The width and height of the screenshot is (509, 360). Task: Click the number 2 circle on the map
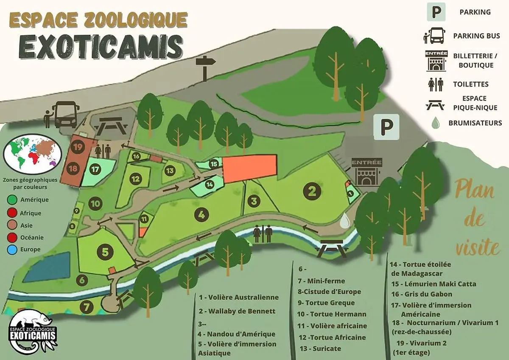tap(313, 191)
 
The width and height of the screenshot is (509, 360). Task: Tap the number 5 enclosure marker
tap(105, 252)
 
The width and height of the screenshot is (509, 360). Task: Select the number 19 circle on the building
tap(78, 148)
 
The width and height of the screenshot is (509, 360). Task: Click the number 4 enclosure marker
tap(202, 214)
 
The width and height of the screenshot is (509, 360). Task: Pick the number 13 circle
tap(170, 171)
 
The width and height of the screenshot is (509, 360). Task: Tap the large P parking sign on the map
tap(386, 127)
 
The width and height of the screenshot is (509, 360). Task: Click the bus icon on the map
tap(66, 114)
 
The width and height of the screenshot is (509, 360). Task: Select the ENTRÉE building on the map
tap(367, 172)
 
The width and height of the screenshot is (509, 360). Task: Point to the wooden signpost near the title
tap(205, 67)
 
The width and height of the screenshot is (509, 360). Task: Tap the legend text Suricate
tap(327, 349)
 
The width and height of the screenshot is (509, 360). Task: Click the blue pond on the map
tap(47, 267)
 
